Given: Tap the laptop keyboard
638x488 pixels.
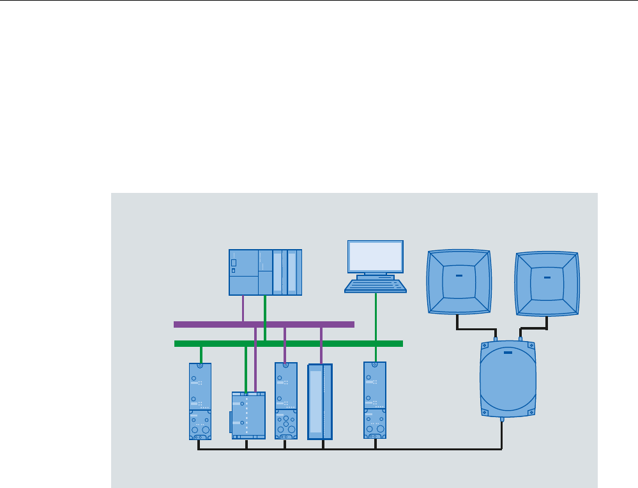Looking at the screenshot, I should [x=376, y=286].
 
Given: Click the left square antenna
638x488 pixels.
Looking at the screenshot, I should [x=459, y=282].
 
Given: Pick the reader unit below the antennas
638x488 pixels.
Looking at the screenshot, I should [x=508, y=380].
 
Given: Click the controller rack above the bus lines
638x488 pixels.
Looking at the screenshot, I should [x=265, y=272].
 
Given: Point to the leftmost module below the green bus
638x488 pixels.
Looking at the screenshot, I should [x=201, y=401].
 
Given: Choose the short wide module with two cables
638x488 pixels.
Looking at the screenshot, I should [x=248, y=415].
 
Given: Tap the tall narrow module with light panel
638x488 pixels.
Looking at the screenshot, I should [x=320, y=401].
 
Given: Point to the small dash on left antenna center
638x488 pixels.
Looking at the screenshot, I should [x=458, y=277].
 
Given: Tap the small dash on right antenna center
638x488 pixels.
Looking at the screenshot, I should [x=547, y=278].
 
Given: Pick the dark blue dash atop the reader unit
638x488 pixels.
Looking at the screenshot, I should [x=508, y=352].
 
